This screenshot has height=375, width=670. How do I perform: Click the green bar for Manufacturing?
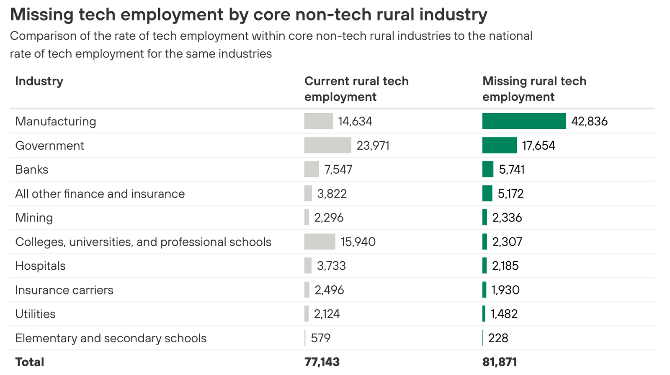pos(524,121)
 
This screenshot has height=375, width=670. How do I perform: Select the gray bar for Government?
pos(327,146)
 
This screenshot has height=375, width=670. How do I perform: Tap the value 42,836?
pos(589,122)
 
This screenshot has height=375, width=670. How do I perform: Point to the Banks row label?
pos(32,169)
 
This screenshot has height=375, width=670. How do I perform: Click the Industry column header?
pos(39,81)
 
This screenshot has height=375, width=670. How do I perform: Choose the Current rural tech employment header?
pos(356,89)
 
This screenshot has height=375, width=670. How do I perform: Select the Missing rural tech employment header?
pos(534,89)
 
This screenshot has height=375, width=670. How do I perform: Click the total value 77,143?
pos(322,362)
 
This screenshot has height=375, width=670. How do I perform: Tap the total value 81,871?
pos(500,362)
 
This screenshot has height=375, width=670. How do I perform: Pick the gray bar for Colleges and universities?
pos(320,242)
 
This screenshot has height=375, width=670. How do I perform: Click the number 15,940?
pos(358,242)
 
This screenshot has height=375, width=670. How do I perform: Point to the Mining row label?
pos(34,218)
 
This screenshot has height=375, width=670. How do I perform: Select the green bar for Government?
pos(499,146)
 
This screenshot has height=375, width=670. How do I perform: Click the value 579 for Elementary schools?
pos(321,338)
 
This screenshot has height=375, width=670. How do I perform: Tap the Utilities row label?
pos(35,314)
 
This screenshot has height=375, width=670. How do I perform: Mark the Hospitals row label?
pos(40,266)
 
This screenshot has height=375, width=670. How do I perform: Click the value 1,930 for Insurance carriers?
pos(505,290)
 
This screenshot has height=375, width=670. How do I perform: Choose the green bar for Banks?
pos(487,169)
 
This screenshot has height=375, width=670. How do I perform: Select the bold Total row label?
pos(29,362)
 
